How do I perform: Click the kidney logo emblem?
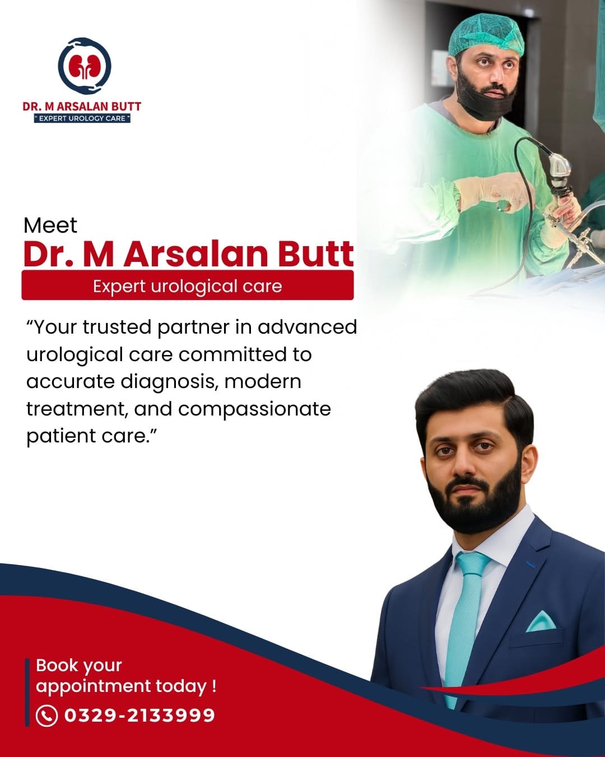tap(85, 66)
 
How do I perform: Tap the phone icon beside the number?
tap(46, 716)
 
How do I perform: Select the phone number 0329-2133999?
tap(139, 716)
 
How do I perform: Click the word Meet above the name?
tap(50, 225)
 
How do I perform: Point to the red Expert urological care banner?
tap(187, 285)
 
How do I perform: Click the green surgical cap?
tap(486, 34)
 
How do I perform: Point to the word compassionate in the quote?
tap(254, 409)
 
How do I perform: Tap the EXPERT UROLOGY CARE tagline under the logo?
tap(82, 118)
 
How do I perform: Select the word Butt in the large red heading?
tap(315, 254)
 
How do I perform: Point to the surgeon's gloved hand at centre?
tap(496, 192)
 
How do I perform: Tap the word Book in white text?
tap(57, 665)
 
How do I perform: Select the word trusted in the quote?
tap(117, 327)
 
